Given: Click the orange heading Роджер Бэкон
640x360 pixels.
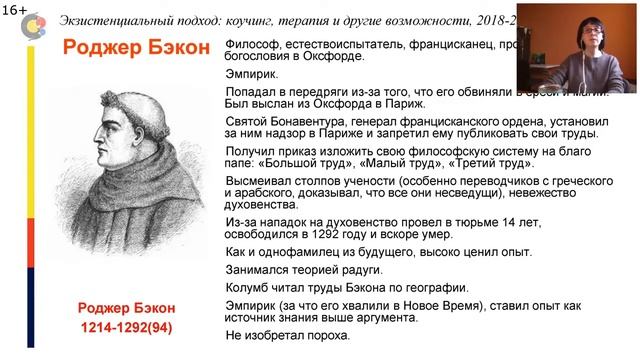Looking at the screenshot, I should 137,48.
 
